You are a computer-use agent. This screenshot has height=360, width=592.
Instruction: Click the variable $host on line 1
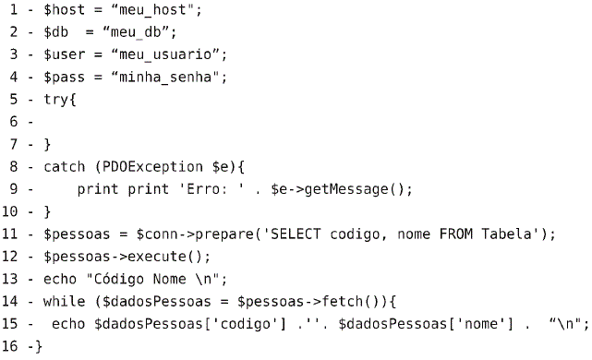click(64, 10)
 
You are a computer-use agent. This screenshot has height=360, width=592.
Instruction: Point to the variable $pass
click(64, 78)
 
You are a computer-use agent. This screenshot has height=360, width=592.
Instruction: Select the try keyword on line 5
click(56, 100)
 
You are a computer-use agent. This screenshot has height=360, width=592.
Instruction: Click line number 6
click(14, 122)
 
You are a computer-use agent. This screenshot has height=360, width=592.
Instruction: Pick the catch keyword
click(64, 167)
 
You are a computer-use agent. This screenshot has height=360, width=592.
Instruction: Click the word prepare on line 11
click(225, 234)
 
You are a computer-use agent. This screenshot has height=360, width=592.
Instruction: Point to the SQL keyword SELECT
click(296, 234)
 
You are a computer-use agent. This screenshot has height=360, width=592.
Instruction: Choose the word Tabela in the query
click(506, 234)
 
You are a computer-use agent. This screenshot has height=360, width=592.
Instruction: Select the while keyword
click(64, 302)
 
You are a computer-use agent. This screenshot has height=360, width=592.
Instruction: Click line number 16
click(10, 346)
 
